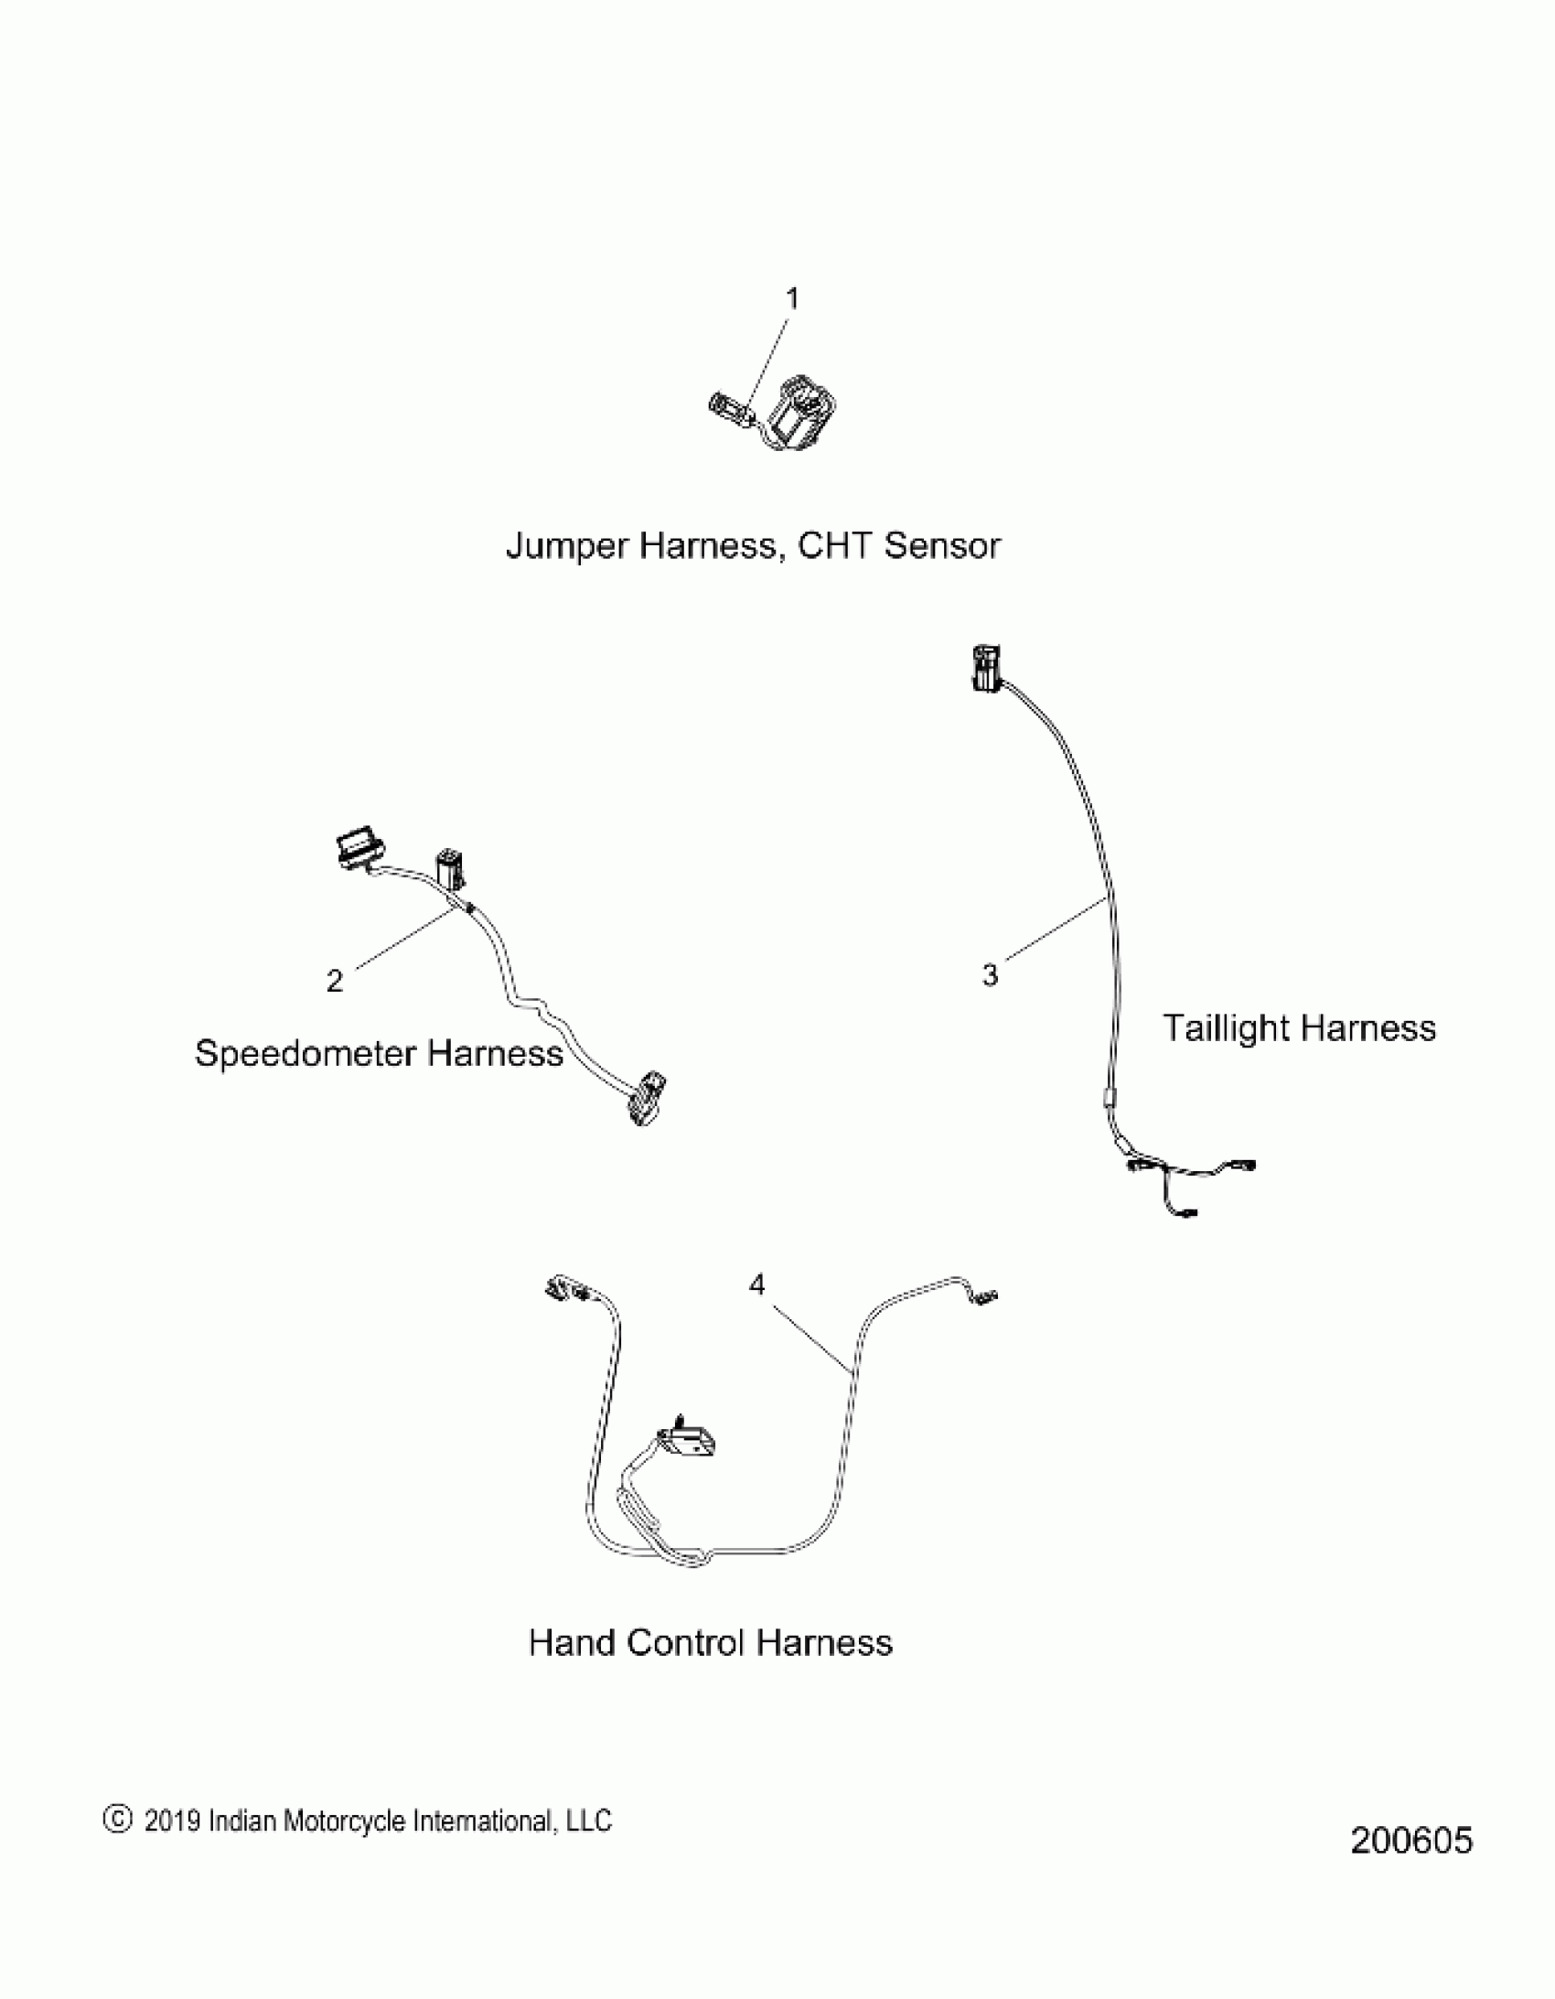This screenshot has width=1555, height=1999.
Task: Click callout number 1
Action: pos(793,299)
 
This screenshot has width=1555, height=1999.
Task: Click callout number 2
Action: pos(335,981)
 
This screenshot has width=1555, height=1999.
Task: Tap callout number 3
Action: pos(990,975)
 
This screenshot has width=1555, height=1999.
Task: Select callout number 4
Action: pos(756,1286)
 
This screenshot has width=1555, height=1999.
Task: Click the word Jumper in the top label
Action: pos(566,546)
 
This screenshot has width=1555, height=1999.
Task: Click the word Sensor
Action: pos(943,546)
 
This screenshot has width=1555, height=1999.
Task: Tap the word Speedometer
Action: pos(306,1054)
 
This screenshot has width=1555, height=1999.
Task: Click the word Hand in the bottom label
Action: pos(571,1643)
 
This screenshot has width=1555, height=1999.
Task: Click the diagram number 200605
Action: pos(1411,1841)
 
